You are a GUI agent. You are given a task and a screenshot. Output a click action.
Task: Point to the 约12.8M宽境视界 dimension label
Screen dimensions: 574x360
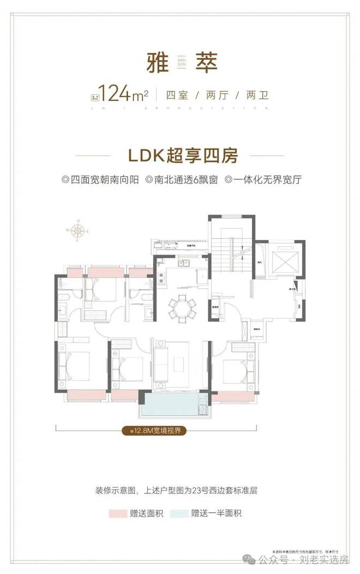155,431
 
